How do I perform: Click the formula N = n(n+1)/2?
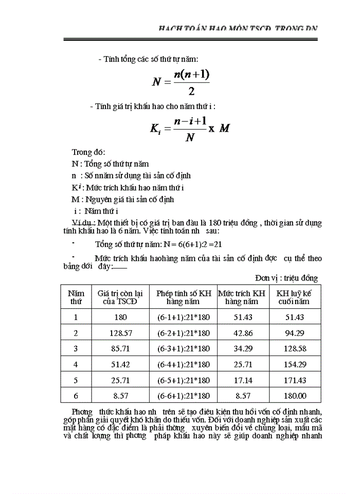[x=181, y=82]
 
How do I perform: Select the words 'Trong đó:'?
[x=88, y=152]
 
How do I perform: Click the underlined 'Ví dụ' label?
[x=83, y=222]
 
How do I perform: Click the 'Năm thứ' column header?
[x=76, y=297]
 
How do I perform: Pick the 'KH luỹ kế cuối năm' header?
[x=294, y=297]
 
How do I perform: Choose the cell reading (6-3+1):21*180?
[x=184, y=349]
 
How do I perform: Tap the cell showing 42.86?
[x=243, y=333]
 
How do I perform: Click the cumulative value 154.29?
[x=295, y=364]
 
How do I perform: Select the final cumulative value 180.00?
[x=295, y=396]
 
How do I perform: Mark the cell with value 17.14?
[x=243, y=380]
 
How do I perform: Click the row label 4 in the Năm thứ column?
[x=76, y=364]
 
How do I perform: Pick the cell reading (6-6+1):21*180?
[x=184, y=396]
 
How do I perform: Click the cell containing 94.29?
[x=295, y=333]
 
